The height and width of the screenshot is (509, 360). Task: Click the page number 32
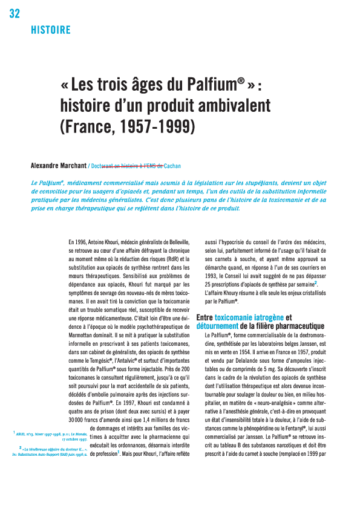tap(15, 14)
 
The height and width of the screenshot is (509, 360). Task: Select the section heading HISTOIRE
tap(50, 30)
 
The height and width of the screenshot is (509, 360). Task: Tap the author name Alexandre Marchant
tap(59, 165)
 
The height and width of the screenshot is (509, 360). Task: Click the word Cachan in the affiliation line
tap(172, 165)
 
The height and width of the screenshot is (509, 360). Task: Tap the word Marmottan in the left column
tap(84, 331)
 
